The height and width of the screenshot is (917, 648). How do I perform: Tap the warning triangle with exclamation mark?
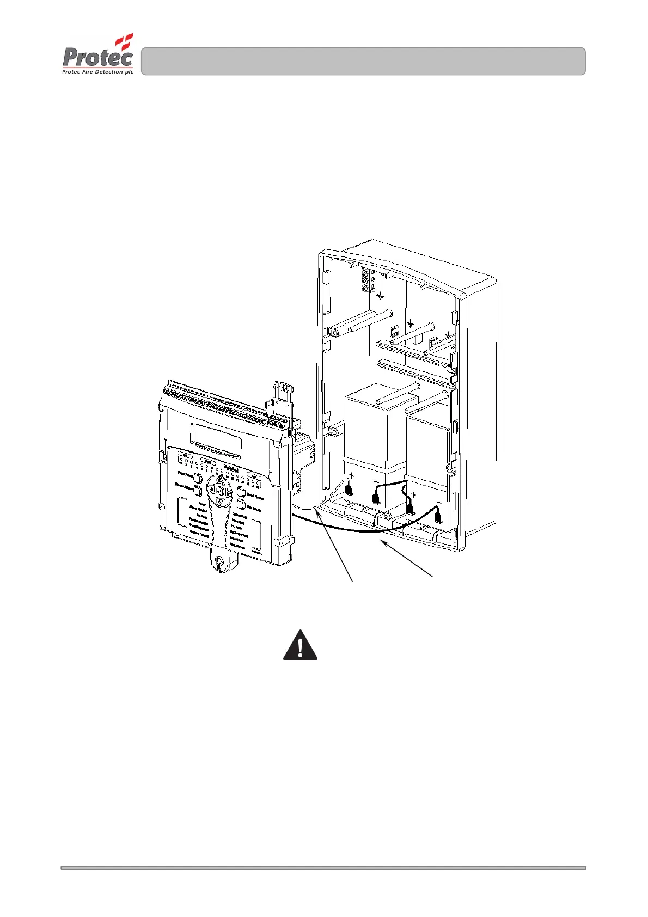point(300,646)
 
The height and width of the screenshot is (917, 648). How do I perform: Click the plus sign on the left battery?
point(352,476)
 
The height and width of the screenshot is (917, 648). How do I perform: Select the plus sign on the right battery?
point(413,495)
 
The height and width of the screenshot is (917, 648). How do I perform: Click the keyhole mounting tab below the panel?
point(219,561)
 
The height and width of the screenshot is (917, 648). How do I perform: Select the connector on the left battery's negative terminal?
point(375,497)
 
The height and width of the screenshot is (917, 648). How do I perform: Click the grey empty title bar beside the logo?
point(363,61)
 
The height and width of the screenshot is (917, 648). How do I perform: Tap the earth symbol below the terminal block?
point(380,296)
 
